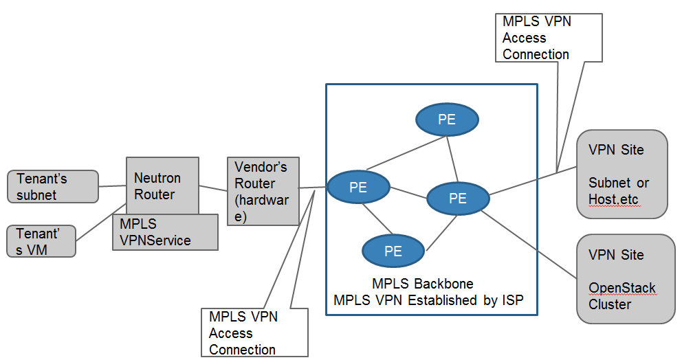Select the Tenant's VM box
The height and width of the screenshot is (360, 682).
[41, 240]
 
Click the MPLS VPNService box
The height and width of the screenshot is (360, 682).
[165, 232]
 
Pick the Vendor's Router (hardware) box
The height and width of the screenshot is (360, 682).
[263, 192]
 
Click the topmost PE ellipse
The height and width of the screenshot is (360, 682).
[447, 119]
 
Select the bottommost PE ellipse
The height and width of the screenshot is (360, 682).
[393, 251]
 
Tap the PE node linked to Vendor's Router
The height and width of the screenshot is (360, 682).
[358, 188]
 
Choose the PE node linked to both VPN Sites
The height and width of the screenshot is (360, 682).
[458, 199]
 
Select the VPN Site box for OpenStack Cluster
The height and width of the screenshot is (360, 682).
[626, 278]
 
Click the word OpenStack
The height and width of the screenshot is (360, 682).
[621, 288]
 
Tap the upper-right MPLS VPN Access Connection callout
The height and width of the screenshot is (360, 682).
[549, 38]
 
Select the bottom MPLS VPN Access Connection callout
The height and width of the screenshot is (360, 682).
[254, 333]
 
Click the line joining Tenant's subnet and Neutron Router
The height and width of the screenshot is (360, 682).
[112, 185]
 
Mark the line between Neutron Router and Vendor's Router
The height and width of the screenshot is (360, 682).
[213, 188]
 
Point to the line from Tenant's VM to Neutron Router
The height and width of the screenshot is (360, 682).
[96, 227]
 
